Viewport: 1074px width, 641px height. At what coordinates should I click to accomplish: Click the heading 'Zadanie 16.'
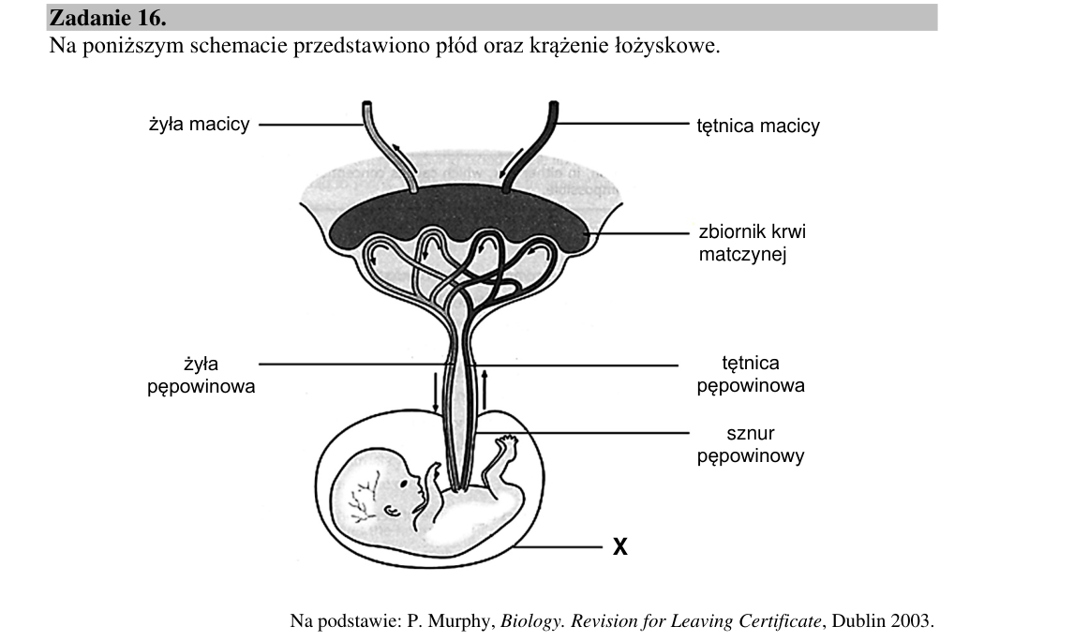(x=108, y=18)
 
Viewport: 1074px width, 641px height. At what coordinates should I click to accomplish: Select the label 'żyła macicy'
(x=200, y=125)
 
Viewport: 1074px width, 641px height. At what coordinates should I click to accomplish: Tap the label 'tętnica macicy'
(x=758, y=126)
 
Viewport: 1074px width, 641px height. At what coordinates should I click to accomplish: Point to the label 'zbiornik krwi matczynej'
(x=752, y=243)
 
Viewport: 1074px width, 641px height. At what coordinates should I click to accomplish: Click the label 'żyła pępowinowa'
(x=201, y=375)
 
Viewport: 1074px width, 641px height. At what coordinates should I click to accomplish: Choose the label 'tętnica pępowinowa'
(x=751, y=374)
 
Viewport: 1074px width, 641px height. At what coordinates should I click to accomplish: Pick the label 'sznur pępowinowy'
(x=751, y=444)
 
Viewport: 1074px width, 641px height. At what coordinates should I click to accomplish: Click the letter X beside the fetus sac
(x=619, y=546)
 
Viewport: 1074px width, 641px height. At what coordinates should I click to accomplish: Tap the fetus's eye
(x=404, y=484)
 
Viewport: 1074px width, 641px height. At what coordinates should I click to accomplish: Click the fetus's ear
(x=392, y=511)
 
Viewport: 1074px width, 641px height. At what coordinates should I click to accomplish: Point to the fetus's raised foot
(x=506, y=446)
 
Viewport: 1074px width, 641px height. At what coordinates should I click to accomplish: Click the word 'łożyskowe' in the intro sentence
(x=663, y=47)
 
